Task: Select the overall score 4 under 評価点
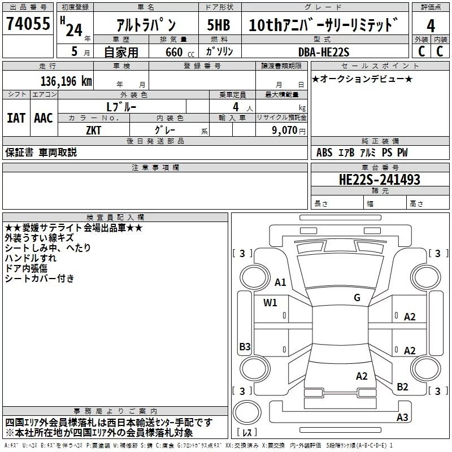431,25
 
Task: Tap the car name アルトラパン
145,25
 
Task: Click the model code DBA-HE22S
324,52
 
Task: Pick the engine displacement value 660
173,53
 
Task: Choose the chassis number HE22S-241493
379,180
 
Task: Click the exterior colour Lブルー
121,106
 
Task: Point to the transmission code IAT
16,118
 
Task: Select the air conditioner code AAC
44,118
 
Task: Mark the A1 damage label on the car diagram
280,282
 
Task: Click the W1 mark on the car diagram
270,302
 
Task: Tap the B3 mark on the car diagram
245,346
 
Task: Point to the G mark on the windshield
357,297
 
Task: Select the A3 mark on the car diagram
402,418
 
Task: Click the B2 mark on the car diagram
402,386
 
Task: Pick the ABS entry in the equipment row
324,153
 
